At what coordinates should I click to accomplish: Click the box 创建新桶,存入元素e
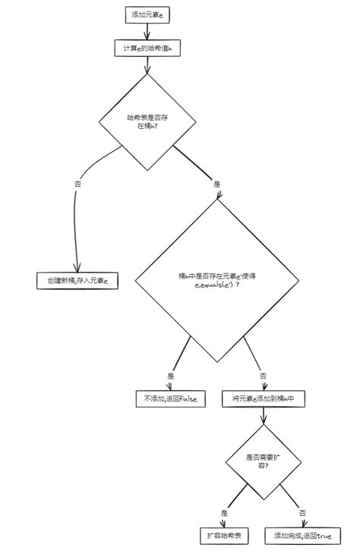click(77, 281)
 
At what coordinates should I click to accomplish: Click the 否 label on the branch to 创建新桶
click(78, 184)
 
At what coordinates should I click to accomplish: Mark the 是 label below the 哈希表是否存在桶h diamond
click(216, 184)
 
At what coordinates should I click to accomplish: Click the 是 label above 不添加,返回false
click(171, 375)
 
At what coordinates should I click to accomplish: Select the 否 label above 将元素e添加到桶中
click(263, 375)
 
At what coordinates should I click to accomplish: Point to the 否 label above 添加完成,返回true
click(302, 512)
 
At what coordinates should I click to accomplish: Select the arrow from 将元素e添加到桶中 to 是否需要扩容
click(263, 417)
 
